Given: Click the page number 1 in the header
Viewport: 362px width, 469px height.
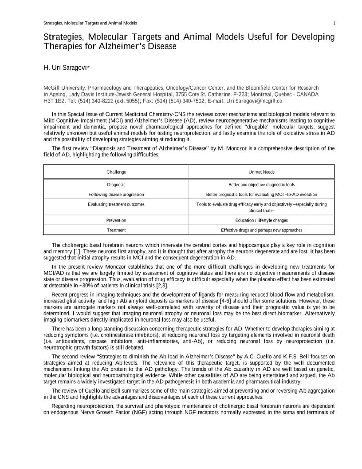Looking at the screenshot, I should (334, 23).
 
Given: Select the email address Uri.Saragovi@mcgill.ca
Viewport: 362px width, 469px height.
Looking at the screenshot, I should (254, 101).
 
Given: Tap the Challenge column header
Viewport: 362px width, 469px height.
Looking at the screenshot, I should (116, 172).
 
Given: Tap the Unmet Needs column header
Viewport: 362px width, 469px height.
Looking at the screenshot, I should (261, 172).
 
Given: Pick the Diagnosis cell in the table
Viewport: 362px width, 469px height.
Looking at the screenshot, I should (116, 184).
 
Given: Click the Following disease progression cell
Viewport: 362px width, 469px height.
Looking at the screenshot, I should (116, 195).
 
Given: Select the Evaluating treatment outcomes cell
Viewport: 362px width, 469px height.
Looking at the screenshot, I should (116, 204).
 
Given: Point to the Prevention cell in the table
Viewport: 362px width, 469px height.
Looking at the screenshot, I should (116, 220).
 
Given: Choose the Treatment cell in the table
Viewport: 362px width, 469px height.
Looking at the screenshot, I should (116, 230).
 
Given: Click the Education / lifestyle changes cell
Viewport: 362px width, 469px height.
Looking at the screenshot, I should (261, 220).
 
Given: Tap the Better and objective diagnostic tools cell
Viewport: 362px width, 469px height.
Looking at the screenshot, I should (261, 184).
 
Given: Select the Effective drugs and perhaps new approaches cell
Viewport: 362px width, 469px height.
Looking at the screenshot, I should (261, 230).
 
